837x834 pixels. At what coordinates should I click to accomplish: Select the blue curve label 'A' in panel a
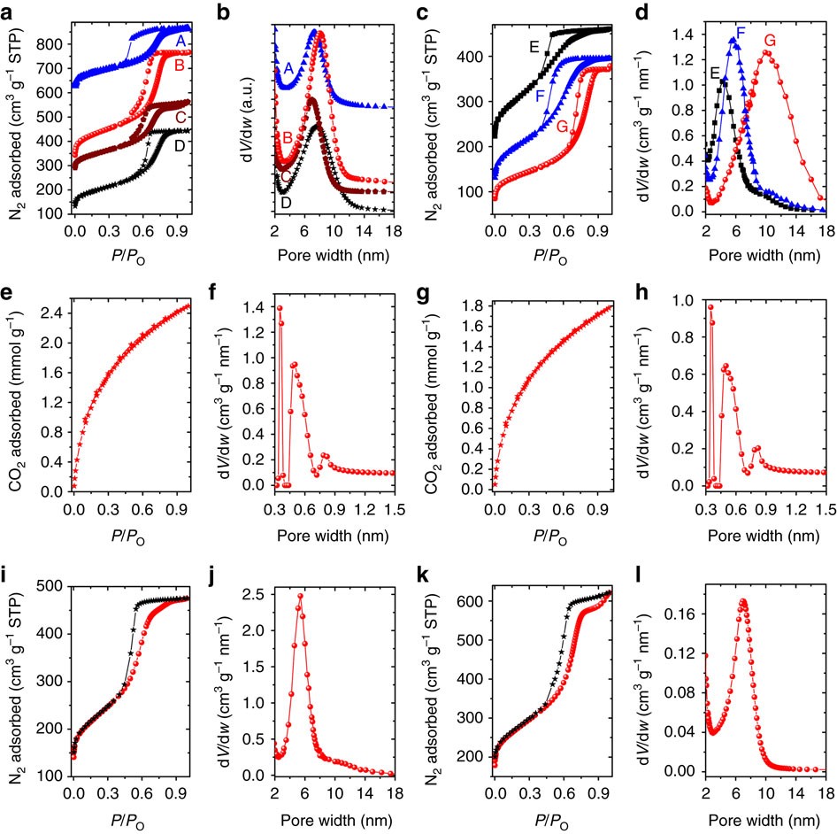click(x=180, y=42)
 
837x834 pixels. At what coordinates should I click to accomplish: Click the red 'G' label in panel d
click(x=770, y=41)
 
